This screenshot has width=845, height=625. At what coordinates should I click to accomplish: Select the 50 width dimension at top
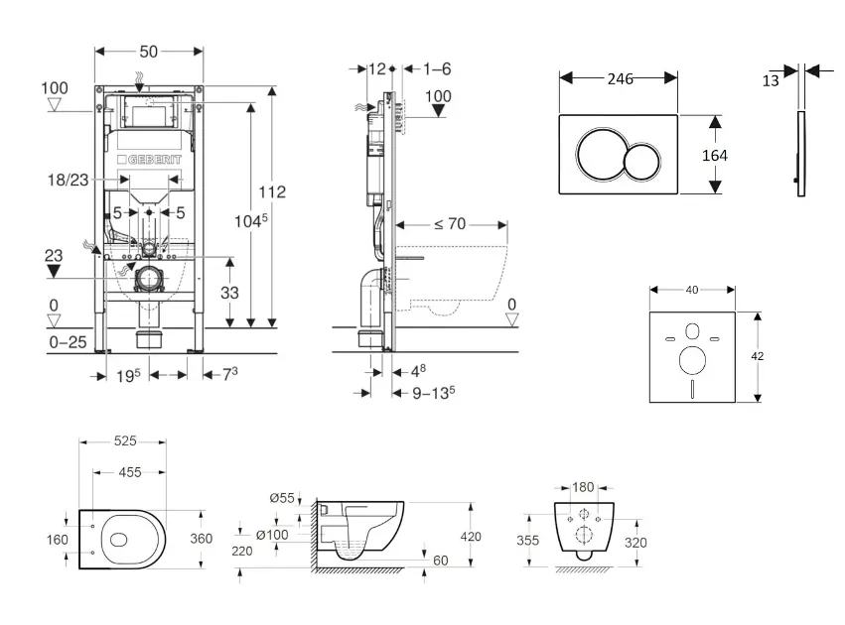[149, 51]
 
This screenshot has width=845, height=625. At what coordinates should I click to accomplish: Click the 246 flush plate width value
[620, 78]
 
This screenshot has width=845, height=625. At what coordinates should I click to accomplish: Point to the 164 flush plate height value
[714, 156]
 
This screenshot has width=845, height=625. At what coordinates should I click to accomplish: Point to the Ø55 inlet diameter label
[281, 497]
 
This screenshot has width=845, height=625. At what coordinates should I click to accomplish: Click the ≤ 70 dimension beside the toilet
[449, 224]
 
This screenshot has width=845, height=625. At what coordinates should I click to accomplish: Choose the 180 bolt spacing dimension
[584, 487]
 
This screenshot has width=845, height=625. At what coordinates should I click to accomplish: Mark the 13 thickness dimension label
[772, 81]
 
